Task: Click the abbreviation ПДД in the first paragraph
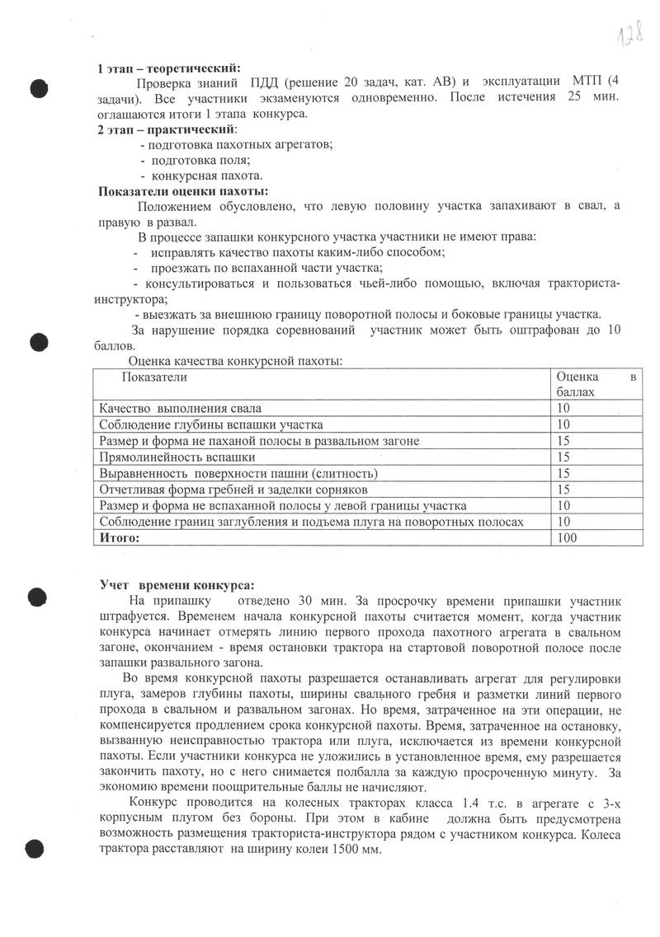coord(259,83)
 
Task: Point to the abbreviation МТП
coord(587,83)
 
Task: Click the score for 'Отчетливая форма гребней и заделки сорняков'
coord(564,489)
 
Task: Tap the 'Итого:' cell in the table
coord(120,537)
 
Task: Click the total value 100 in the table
coord(568,537)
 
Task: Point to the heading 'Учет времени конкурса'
coord(178,585)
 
